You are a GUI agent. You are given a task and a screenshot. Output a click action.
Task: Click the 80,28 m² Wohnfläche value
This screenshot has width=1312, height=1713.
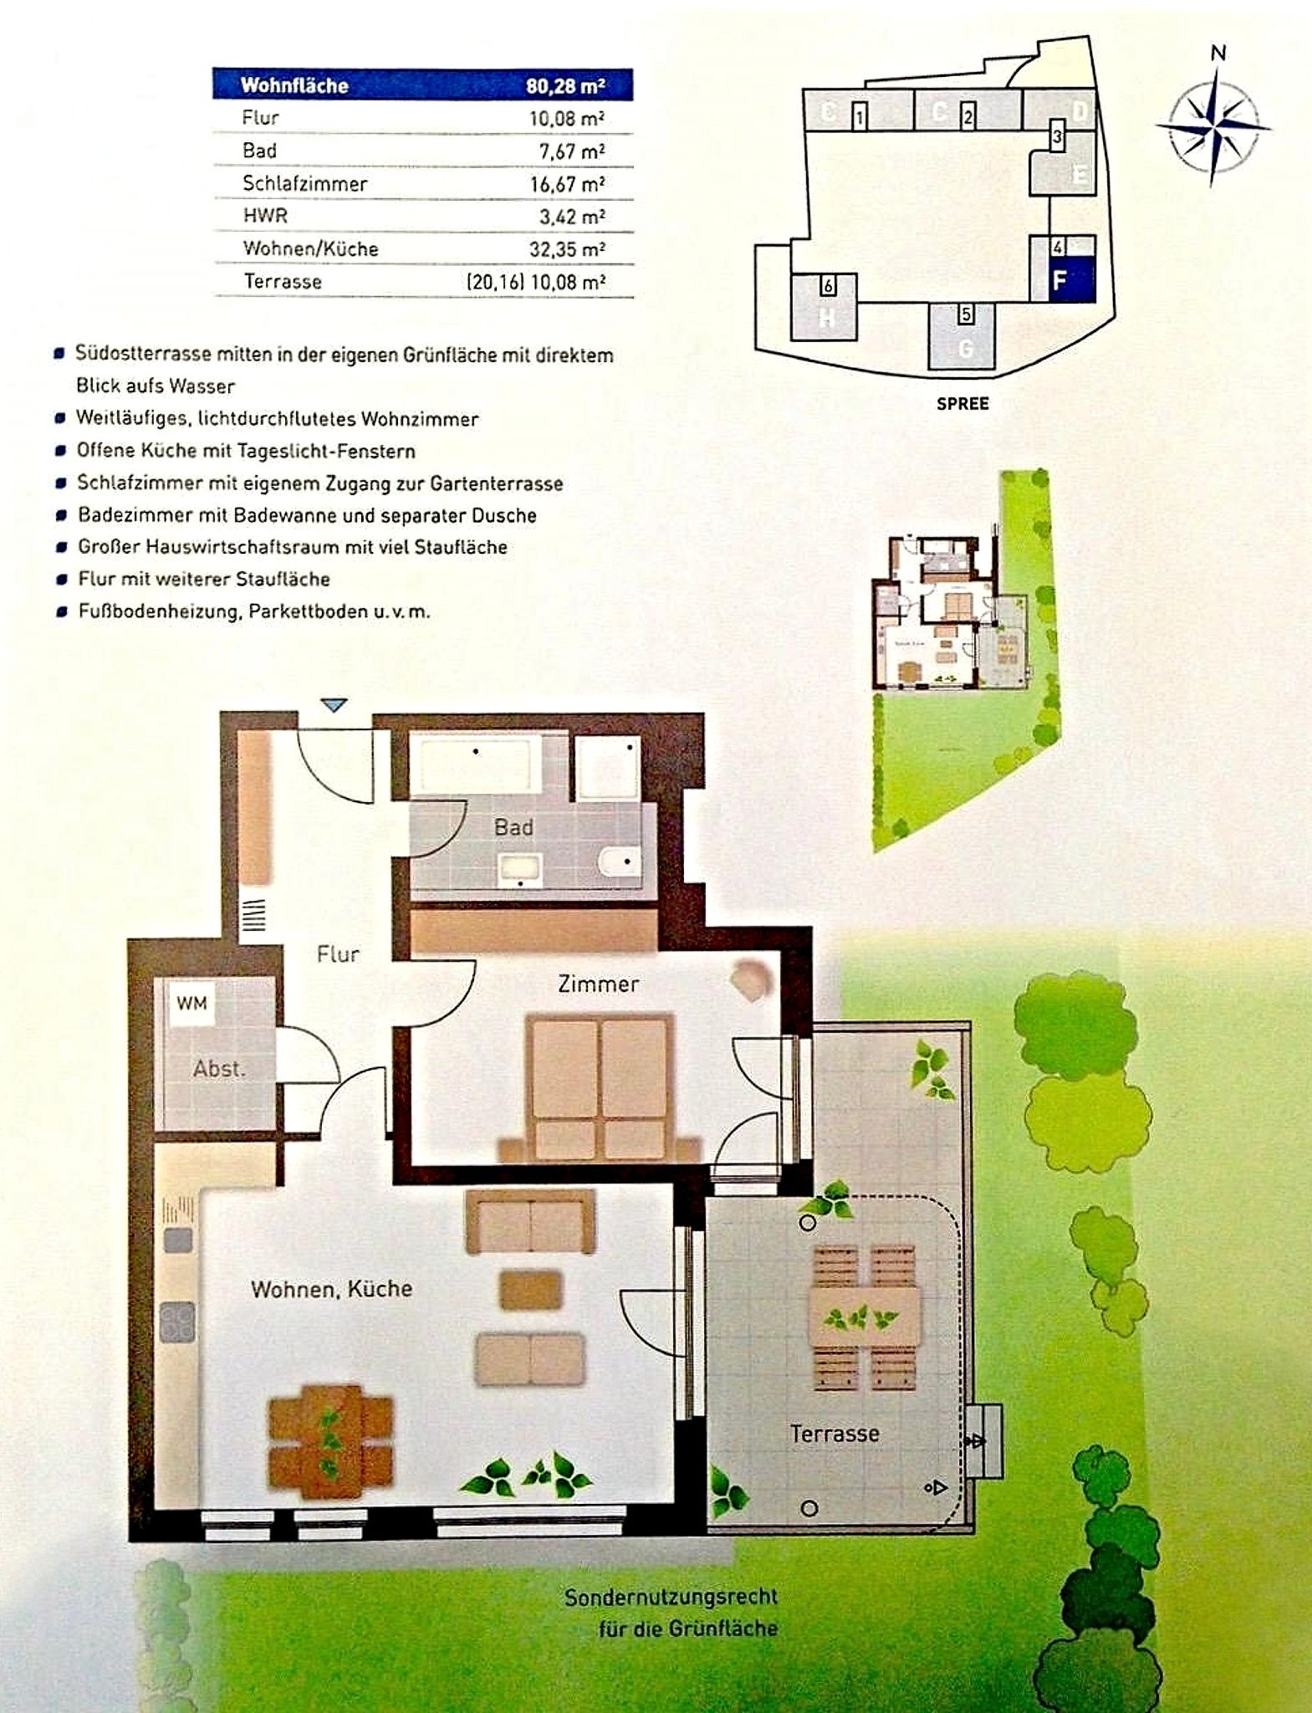point(565,85)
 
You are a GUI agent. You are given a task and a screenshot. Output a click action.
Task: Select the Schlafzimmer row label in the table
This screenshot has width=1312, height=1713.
point(304,184)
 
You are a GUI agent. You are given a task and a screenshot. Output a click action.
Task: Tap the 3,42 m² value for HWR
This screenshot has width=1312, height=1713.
point(572,217)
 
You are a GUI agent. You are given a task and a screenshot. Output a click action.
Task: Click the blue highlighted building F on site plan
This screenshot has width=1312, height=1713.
point(1070,279)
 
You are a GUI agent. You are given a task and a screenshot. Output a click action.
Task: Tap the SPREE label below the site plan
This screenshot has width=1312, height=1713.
point(962,404)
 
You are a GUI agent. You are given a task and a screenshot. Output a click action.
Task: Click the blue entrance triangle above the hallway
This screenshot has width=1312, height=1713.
point(334,704)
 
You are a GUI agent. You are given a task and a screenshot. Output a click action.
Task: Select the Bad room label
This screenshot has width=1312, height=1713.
point(513,827)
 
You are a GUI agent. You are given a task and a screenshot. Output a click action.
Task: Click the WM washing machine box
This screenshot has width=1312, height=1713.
point(191,1002)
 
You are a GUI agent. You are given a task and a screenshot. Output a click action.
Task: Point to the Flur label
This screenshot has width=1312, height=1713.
point(338,954)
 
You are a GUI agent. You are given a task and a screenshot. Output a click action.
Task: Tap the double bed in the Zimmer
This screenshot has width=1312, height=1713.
point(599,1087)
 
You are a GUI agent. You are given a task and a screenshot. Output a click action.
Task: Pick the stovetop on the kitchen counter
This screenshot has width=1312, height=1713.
point(177,1322)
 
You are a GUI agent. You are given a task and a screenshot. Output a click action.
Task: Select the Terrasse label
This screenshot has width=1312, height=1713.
point(835,1434)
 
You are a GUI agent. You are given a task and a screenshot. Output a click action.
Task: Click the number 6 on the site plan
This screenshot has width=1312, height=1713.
point(828,286)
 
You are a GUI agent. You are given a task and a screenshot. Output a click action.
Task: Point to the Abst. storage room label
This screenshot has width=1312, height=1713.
point(218,1069)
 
